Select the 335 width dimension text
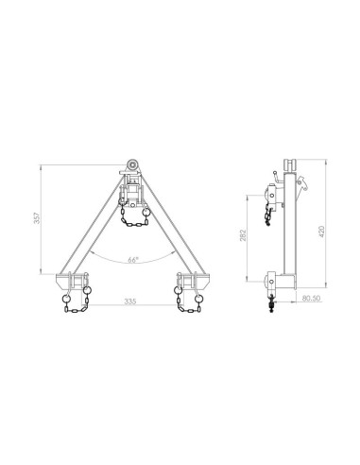pos(130,303)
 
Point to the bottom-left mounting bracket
pos(74,281)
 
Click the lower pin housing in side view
pos(271,281)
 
